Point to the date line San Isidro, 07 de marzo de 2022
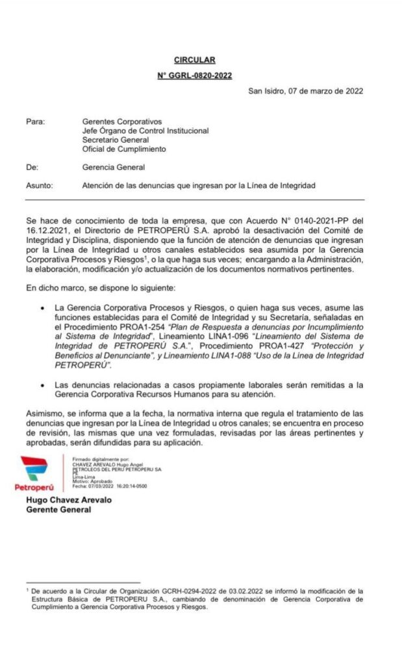306,90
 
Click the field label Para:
34,121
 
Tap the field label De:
32,167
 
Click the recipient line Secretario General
116,140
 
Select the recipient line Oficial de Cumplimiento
124,149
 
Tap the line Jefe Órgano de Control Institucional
145,131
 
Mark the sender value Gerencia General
113,167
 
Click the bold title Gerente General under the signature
58,510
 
